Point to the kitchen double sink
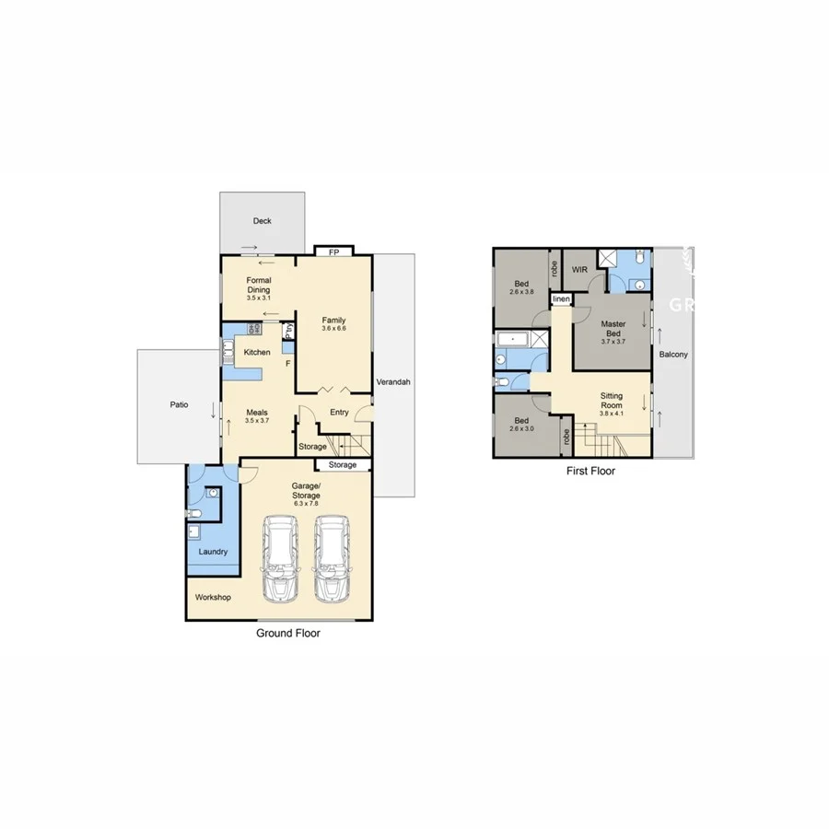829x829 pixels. (x=227, y=351)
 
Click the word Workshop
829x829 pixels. (x=213, y=597)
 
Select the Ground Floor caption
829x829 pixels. (x=288, y=634)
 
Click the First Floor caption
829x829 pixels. (x=590, y=471)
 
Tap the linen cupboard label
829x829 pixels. (x=560, y=300)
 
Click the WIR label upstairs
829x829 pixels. (x=579, y=270)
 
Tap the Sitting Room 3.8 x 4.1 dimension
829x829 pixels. (x=612, y=413)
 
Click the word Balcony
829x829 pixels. (x=672, y=355)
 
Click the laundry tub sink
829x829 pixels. (x=194, y=531)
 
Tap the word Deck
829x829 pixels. (x=263, y=221)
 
